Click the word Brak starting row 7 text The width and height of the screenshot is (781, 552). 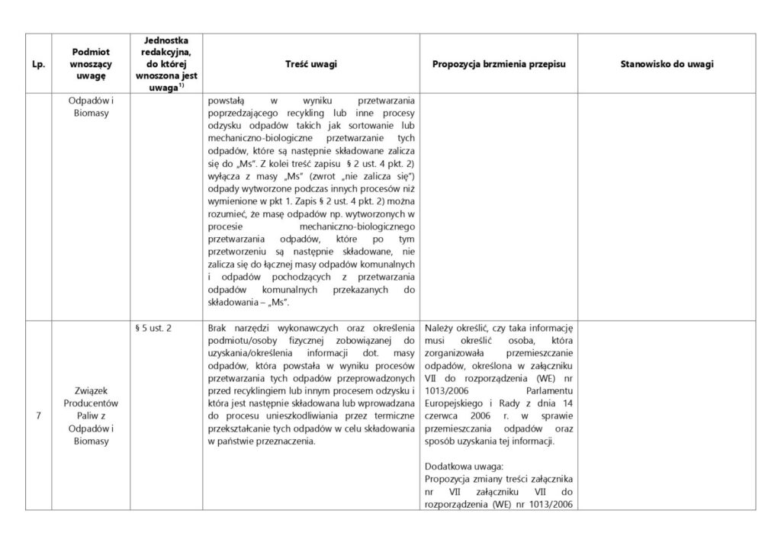click(217, 328)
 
